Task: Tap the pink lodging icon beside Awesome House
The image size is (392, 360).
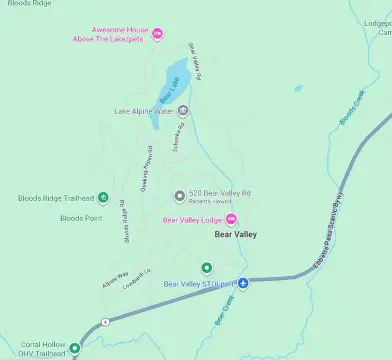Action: [158, 35]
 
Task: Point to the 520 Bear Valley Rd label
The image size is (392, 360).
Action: [219, 192]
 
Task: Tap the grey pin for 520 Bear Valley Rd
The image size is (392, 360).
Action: [179, 195]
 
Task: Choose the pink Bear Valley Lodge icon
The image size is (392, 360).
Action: [232, 219]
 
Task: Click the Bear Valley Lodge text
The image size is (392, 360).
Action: [193, 219]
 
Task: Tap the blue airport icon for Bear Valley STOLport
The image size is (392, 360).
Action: [243, 283]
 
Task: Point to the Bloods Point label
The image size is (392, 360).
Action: [81, 217]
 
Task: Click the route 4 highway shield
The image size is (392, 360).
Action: [104, 322]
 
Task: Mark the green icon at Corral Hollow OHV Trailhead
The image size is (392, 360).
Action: [74, 349]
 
